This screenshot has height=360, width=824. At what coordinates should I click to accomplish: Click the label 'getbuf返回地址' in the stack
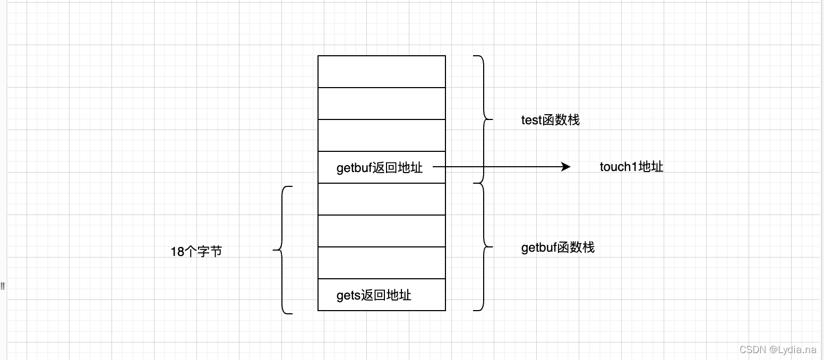pyautogui.click(x=380, y=168)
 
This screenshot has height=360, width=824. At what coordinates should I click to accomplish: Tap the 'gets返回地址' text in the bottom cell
pyautogui.click(x=374, y=295)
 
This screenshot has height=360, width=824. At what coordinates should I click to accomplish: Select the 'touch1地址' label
pyautogui.click(x=631, y=167)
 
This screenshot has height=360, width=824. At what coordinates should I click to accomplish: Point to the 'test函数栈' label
pyautogui.click(x=550, y=120)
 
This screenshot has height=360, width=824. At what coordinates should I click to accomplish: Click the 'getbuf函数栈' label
pyautogui.click(x=557, y=247)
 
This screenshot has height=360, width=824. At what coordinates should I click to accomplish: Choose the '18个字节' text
pyautogui.click(x=196, y=252)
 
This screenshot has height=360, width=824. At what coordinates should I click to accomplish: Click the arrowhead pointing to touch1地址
pyautogui.click(x=566, y=167)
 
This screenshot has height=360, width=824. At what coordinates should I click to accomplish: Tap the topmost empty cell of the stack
pyautogui.click(x=381, y=72)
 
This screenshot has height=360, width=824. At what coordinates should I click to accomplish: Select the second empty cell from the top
pyautogui.click(x=381, y=104)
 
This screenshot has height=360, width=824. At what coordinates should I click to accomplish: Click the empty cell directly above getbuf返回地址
pyautogui.click(x=381, y=135)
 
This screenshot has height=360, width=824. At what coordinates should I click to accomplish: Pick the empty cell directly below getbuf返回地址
pyautogui.click(x=381, y=199)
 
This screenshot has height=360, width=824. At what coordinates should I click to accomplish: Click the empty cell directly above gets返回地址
pyautogui.click(x=381, y=263)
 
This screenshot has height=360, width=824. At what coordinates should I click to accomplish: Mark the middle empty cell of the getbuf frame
pyautogui.click(x=381, y=231)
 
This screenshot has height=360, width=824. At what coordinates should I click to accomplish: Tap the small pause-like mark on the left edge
pyautogui.click(x=3, y=286)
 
